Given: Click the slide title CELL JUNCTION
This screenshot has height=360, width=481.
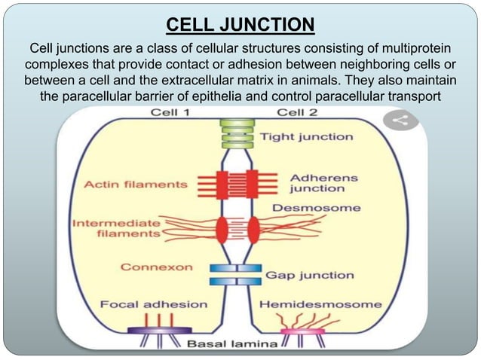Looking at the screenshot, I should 240,26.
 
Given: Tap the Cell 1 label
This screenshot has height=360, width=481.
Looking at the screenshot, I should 170,113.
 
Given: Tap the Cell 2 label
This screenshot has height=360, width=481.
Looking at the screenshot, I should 299,113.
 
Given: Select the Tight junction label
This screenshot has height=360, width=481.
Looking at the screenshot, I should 306,137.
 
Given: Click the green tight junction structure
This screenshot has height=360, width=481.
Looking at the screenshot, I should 239,133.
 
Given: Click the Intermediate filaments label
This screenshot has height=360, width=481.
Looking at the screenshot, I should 118,228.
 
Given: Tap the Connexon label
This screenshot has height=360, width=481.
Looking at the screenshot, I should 157,267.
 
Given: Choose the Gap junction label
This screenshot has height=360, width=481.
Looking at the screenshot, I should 308,276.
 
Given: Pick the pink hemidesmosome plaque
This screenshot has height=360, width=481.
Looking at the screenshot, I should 302,331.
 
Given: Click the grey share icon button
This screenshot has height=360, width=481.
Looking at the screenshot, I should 400,121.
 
